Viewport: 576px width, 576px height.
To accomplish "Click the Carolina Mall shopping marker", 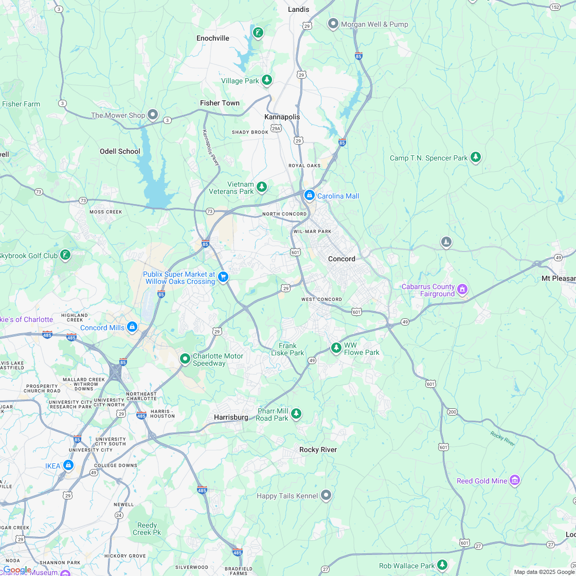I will (x=309, y=195).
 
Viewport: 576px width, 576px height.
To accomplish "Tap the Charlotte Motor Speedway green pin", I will (x=185, y=358).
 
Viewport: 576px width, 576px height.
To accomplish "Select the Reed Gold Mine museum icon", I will (x=515, y=480).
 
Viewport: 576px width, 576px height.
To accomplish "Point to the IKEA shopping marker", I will (x=68, y=465).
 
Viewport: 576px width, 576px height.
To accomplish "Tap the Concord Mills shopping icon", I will (x=132, y=327).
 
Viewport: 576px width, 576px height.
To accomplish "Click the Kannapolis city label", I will (x=282, y=117).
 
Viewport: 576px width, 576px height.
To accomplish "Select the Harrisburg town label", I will (x=231, y=417).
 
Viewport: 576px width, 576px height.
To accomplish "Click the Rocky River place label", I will (x=318, y=449).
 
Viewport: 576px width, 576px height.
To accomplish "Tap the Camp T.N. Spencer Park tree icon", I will (x=476, y=157).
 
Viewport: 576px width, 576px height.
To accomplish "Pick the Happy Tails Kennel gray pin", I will (x=326, y=495).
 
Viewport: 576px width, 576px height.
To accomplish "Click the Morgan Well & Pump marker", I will (x=333, y=24).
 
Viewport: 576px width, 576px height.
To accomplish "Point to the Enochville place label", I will (x=213, y=38).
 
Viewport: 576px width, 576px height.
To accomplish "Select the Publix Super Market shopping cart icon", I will (x=223, y=277).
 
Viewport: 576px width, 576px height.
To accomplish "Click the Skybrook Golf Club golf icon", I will (x=65, y=254).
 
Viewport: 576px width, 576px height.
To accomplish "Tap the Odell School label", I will (x=120, y=151).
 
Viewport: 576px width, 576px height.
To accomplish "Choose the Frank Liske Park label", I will (x=287, y=349).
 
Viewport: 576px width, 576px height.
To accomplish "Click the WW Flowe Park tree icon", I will (x=336, y=348).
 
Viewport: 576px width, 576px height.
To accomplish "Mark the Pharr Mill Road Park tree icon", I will (x=296, y=413).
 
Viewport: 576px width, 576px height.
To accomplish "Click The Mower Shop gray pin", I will (x=153, y=114).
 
